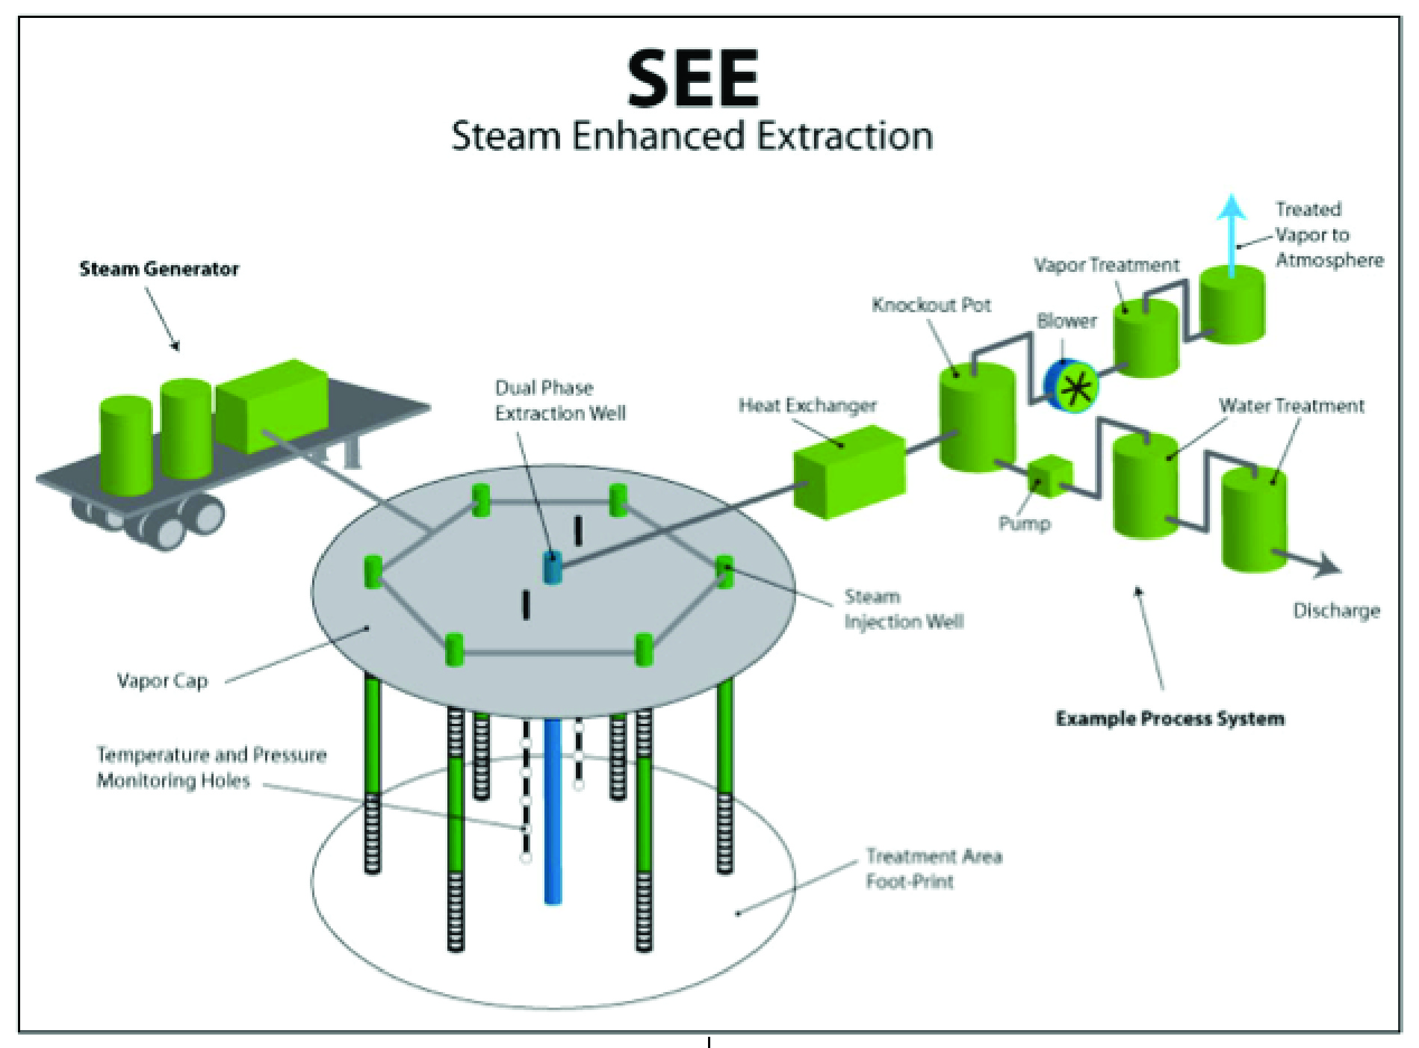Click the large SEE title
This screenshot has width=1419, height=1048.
pyautogui.click(x=692, y=78)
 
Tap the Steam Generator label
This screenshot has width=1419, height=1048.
pyautogui.click(x=159, y=269)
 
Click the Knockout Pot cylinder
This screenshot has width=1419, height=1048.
pyautogui.click(x=976, y=418)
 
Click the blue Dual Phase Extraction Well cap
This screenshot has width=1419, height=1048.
pyautogui.click(x=552, y=567)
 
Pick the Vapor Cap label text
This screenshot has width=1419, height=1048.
pyautogui.click(x=162, y=680)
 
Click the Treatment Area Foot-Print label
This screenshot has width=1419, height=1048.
pyautogui.click(x=934, y=869)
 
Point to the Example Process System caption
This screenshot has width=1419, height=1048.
pyautogui.click(x=1170, y=719)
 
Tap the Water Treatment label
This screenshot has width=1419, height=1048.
pyautogui.click(x=1291, y=406)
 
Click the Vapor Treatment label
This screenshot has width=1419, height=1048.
pyautogui.click(x=1106, y=265)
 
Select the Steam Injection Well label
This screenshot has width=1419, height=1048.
pyautogui.click(x=904, y=609)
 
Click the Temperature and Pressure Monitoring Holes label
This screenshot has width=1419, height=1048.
pyautogui.click(x=211, y=767)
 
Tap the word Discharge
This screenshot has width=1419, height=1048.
pyautogui.click(x=1336, y=611)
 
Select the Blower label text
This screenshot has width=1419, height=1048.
pyautogui.click(x=1066, y=321)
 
